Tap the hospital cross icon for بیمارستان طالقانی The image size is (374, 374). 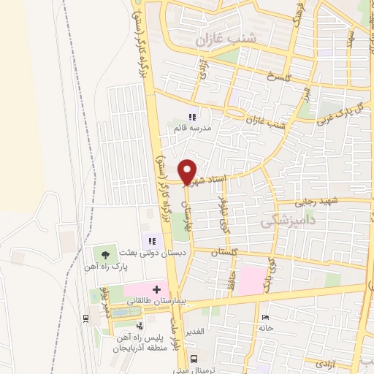(x=157, y=290)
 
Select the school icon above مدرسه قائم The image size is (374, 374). (x=193, y=117)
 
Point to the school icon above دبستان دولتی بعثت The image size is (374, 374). (x=152, y=240)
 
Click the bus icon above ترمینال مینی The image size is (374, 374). (x=194, y=359)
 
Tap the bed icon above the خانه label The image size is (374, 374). (x=264, y=317)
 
